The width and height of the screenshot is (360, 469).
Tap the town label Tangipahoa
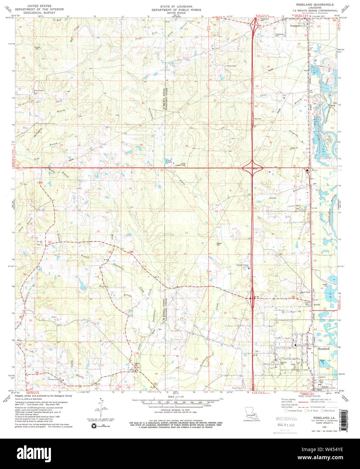294,25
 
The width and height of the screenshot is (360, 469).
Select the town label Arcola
316,304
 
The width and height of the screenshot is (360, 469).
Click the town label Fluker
315,170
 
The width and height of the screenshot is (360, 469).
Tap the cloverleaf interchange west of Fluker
253,167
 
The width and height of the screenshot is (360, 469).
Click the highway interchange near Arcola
253,298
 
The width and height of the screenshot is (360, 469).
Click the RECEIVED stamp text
286,418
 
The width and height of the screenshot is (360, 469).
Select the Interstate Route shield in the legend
286,411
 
